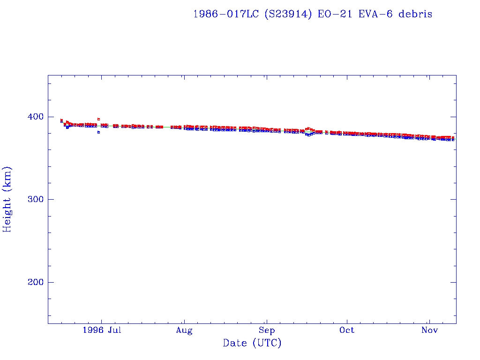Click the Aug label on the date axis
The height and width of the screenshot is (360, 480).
point(184,330)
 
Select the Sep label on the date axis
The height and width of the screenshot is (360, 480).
point(266,330)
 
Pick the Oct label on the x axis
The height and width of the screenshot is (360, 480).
point(347,330)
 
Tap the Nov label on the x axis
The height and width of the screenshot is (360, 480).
point(429,330)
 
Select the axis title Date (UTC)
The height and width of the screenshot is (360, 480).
point(252,343)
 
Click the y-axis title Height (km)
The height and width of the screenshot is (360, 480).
point(7,199)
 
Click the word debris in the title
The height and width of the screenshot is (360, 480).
point(415,14)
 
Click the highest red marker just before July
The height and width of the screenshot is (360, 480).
point(98,119)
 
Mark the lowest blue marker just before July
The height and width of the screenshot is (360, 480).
point(98,132)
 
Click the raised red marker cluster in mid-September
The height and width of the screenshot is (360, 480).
point(308,128)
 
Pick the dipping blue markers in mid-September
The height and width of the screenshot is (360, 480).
point(308,135)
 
